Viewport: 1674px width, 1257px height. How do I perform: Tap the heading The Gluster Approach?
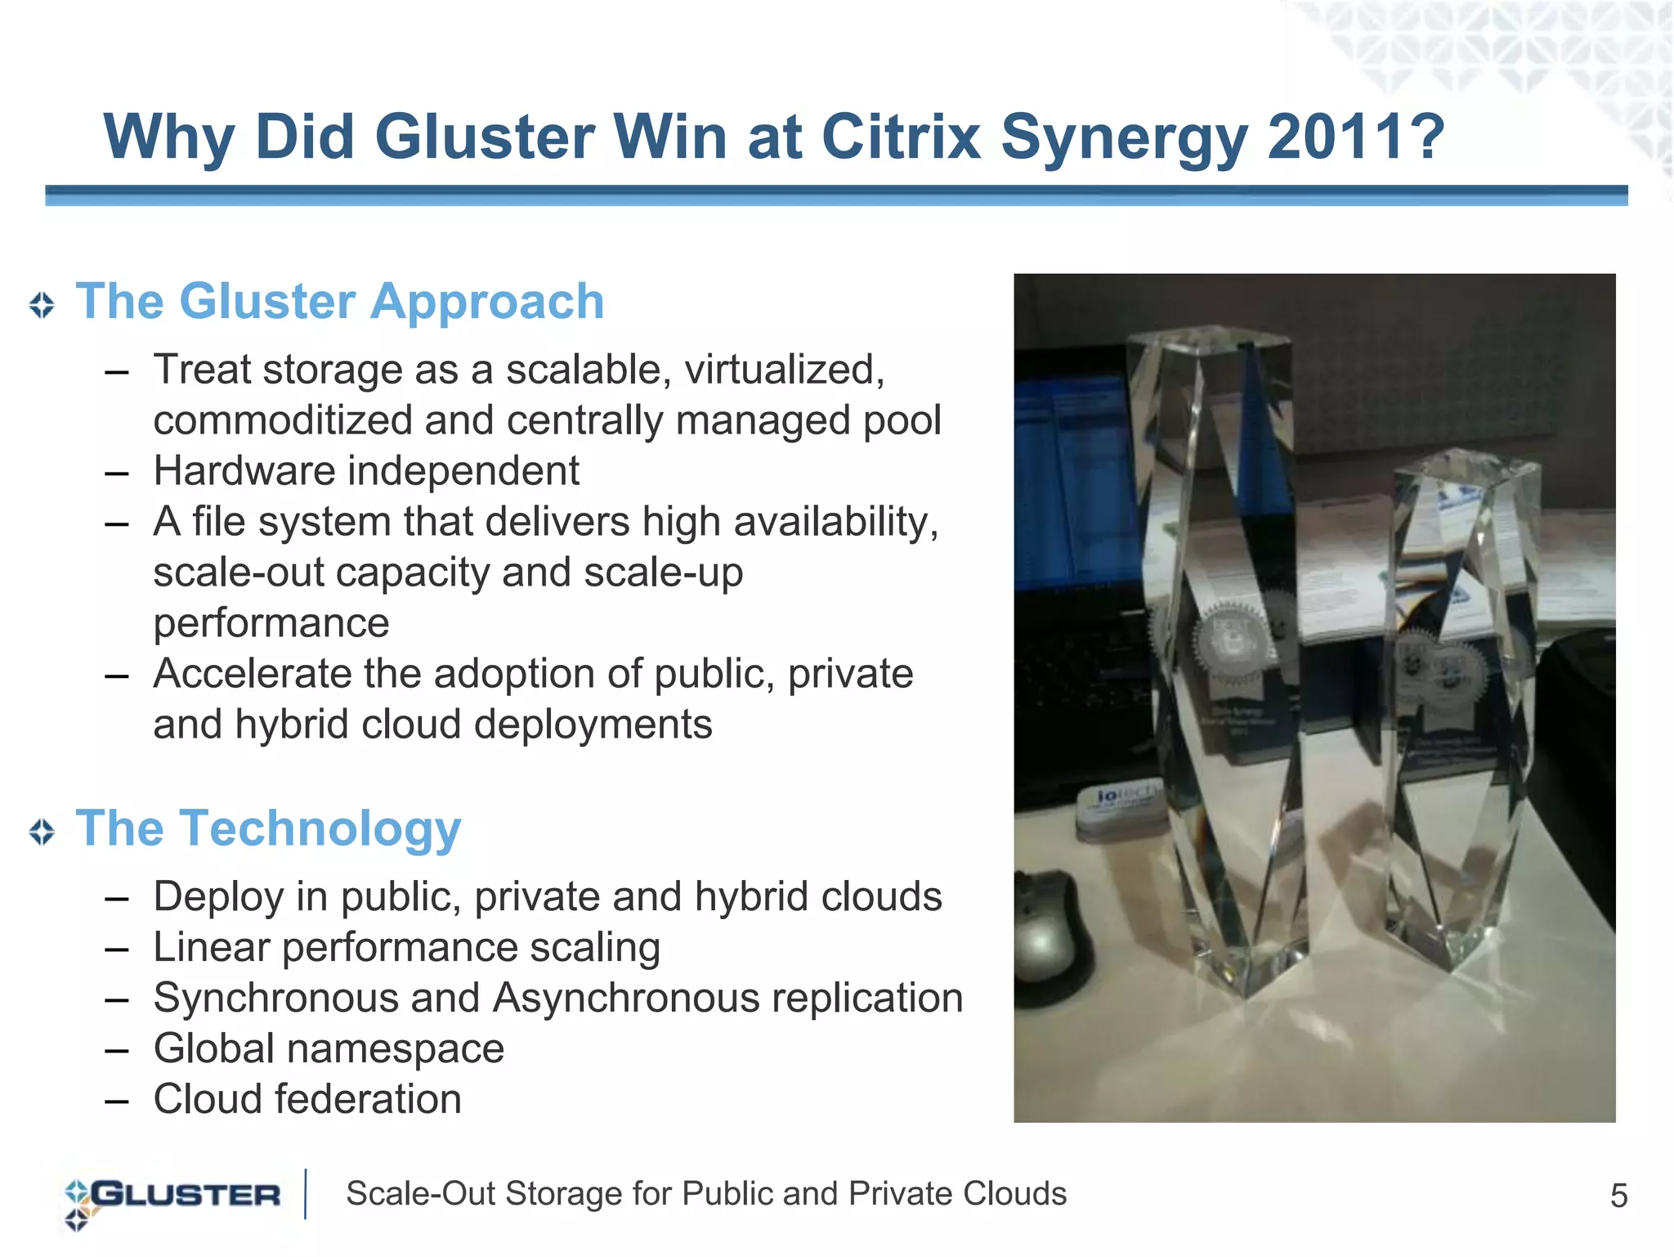340,301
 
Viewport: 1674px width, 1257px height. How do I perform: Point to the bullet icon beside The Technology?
42,832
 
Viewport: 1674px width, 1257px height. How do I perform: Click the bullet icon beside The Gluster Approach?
42,305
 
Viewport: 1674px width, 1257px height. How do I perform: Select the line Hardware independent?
366,471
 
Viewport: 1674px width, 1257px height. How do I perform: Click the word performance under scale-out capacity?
271,623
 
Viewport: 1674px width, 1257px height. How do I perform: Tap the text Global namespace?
329,1048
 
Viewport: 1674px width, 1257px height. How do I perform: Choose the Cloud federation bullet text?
307,1099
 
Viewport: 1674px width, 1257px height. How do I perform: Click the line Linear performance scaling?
406,947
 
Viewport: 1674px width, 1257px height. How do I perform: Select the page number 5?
1618,1196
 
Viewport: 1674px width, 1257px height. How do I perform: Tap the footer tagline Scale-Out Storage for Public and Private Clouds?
706,1194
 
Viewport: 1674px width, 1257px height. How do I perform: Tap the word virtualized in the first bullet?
785,370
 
